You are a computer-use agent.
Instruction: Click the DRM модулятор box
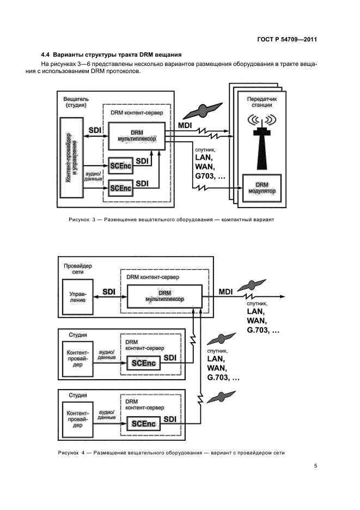click(x=262, y=189)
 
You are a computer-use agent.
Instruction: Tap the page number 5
click(x=315, y=466)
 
